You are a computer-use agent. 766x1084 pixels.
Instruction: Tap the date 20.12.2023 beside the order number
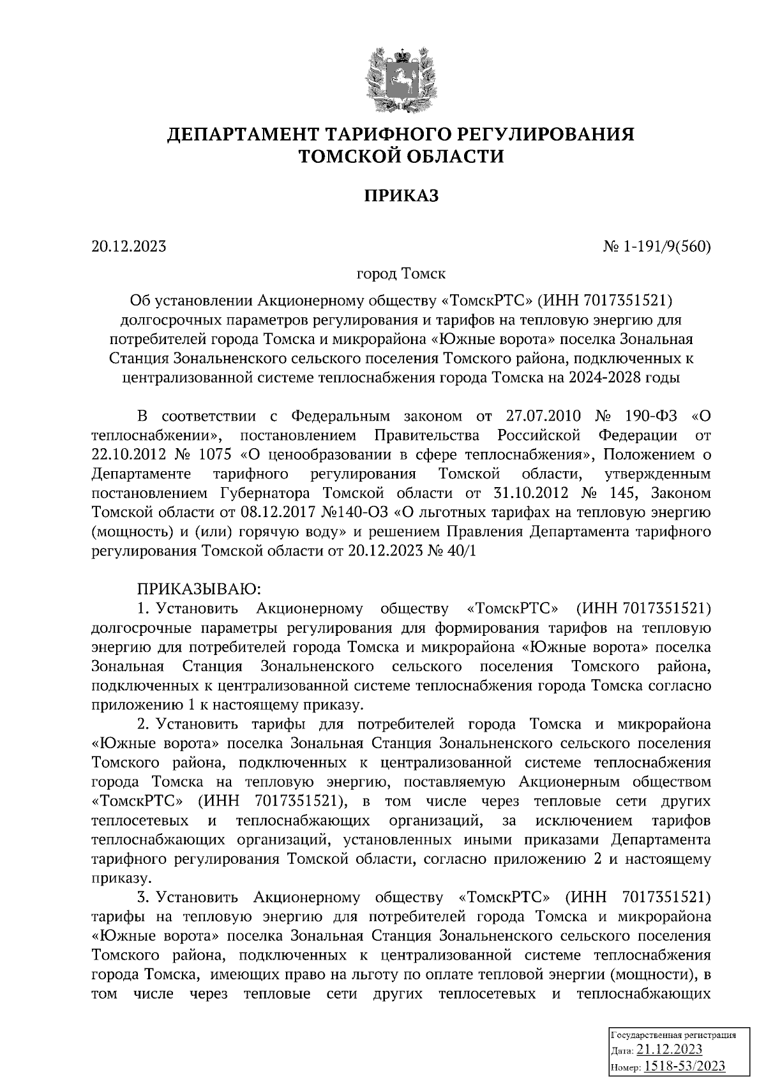pyautogui.click(x=128, y=246)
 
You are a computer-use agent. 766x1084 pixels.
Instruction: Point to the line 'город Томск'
pyautogui.click(x=401, y=274)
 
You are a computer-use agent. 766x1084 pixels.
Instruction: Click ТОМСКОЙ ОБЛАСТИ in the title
pyautogui.click(x=402, y=156)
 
